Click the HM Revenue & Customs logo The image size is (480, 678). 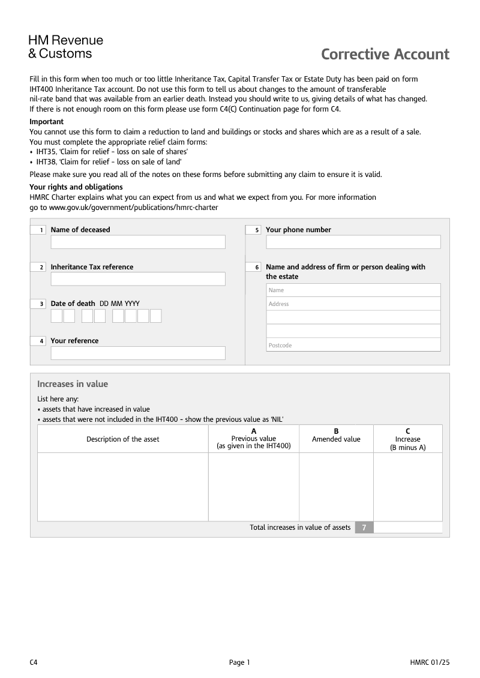tap(65, 47)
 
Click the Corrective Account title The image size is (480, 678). tap(385, 55)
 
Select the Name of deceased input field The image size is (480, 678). tap(138, 242)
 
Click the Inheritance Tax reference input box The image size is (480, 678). tap(138, 279)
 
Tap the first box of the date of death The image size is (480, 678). tap(56, 316)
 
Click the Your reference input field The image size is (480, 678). tap(138, 353)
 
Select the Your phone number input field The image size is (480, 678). tap(353, 242)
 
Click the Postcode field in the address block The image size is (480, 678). tap(353, 345)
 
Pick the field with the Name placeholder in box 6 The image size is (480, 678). tap(353, 290)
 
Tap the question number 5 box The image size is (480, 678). tap(254, 230)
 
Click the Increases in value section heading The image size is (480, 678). tap(73, 384)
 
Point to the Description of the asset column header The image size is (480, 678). tap(123, 439)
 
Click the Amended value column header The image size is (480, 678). tap(336, 439)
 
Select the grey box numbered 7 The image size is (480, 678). tap(364, 527)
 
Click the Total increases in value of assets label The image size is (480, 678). tap(300, 527)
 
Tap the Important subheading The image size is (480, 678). tap(46, 122)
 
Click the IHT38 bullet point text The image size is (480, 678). tap(109, 162)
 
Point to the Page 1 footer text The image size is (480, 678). tap(239, 662)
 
